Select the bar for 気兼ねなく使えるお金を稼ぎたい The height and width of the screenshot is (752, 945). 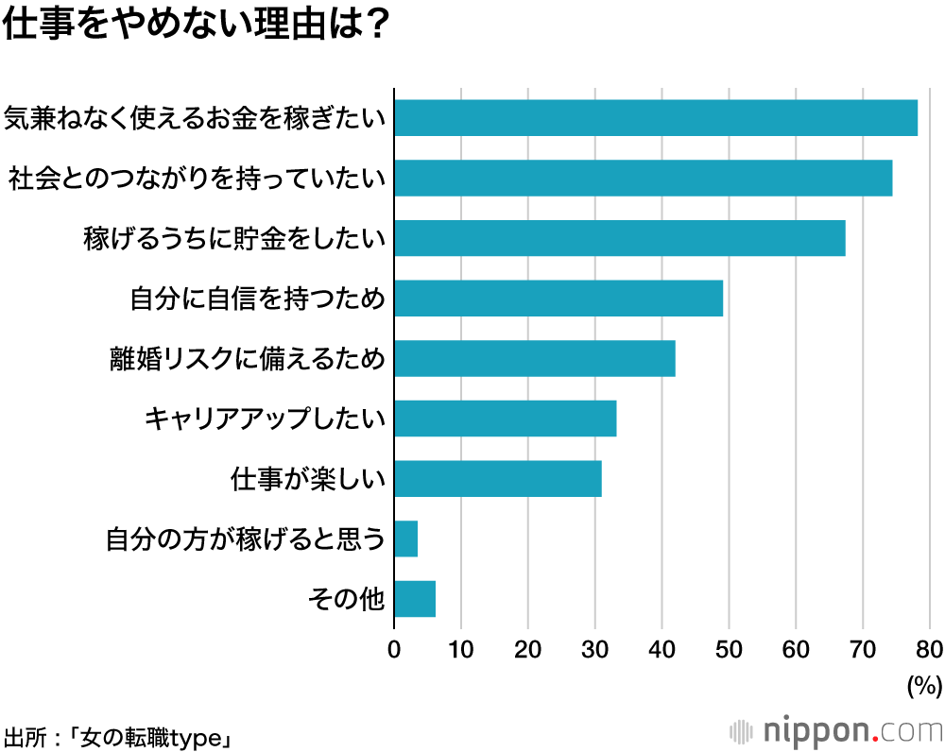click(x=656, y=118)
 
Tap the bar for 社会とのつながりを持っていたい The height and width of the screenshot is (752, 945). click(x=643, y=178)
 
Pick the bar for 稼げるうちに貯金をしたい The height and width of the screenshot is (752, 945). click(x=619, y=238)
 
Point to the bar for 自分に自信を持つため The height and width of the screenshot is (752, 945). click(x=558, y=299)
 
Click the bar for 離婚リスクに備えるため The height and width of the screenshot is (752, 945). click(x=534, y=359)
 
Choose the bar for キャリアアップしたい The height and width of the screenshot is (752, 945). click(x=505, y=419)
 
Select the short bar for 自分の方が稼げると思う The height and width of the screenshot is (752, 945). click(x=405, y=538)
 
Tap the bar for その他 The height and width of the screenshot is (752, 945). click(x=414, y=599)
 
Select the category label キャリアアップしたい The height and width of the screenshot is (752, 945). click(x=265, y=419)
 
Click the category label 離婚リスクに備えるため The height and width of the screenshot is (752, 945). click(x=248, y=359)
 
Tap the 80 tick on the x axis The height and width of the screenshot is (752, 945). click(x=929, y=649)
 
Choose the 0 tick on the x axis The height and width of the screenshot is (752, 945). click(x=394, y=649)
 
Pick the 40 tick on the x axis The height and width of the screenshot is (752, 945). click(x=661, y=649)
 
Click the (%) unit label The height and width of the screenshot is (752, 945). click(x=924, y=685)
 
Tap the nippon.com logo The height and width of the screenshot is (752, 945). click(x=836, y=731)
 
